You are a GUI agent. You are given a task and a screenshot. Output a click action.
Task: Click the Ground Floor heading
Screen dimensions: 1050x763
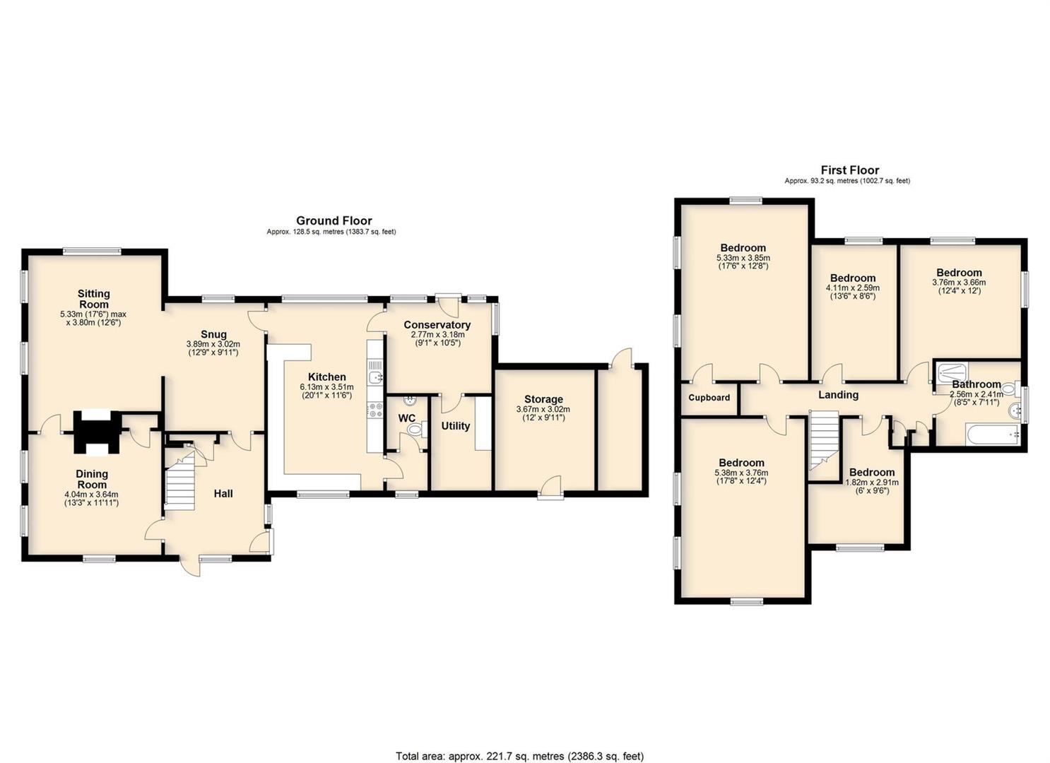334,220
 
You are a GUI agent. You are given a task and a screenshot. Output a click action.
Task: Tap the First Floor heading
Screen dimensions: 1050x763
850,170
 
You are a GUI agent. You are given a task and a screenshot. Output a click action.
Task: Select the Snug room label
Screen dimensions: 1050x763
214,334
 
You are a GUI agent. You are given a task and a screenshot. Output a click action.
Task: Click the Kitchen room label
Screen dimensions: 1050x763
326,377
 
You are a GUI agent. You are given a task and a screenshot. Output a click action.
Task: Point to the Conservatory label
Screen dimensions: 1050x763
437,325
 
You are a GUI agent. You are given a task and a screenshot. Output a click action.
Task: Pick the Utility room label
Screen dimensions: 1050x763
456,426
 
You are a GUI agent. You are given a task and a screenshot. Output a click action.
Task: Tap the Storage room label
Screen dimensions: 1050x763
543,399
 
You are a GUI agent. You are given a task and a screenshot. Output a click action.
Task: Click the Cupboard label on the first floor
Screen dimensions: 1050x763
709,398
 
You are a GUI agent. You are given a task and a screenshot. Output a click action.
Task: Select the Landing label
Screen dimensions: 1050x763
838,395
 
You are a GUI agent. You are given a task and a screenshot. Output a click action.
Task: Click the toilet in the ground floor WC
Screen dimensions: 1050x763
417,430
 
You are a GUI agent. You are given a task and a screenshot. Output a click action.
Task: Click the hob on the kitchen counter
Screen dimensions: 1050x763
375,410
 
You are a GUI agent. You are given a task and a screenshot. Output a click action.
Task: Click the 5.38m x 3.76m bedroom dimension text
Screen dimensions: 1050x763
742,477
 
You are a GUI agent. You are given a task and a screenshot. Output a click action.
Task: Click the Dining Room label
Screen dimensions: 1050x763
92,479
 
